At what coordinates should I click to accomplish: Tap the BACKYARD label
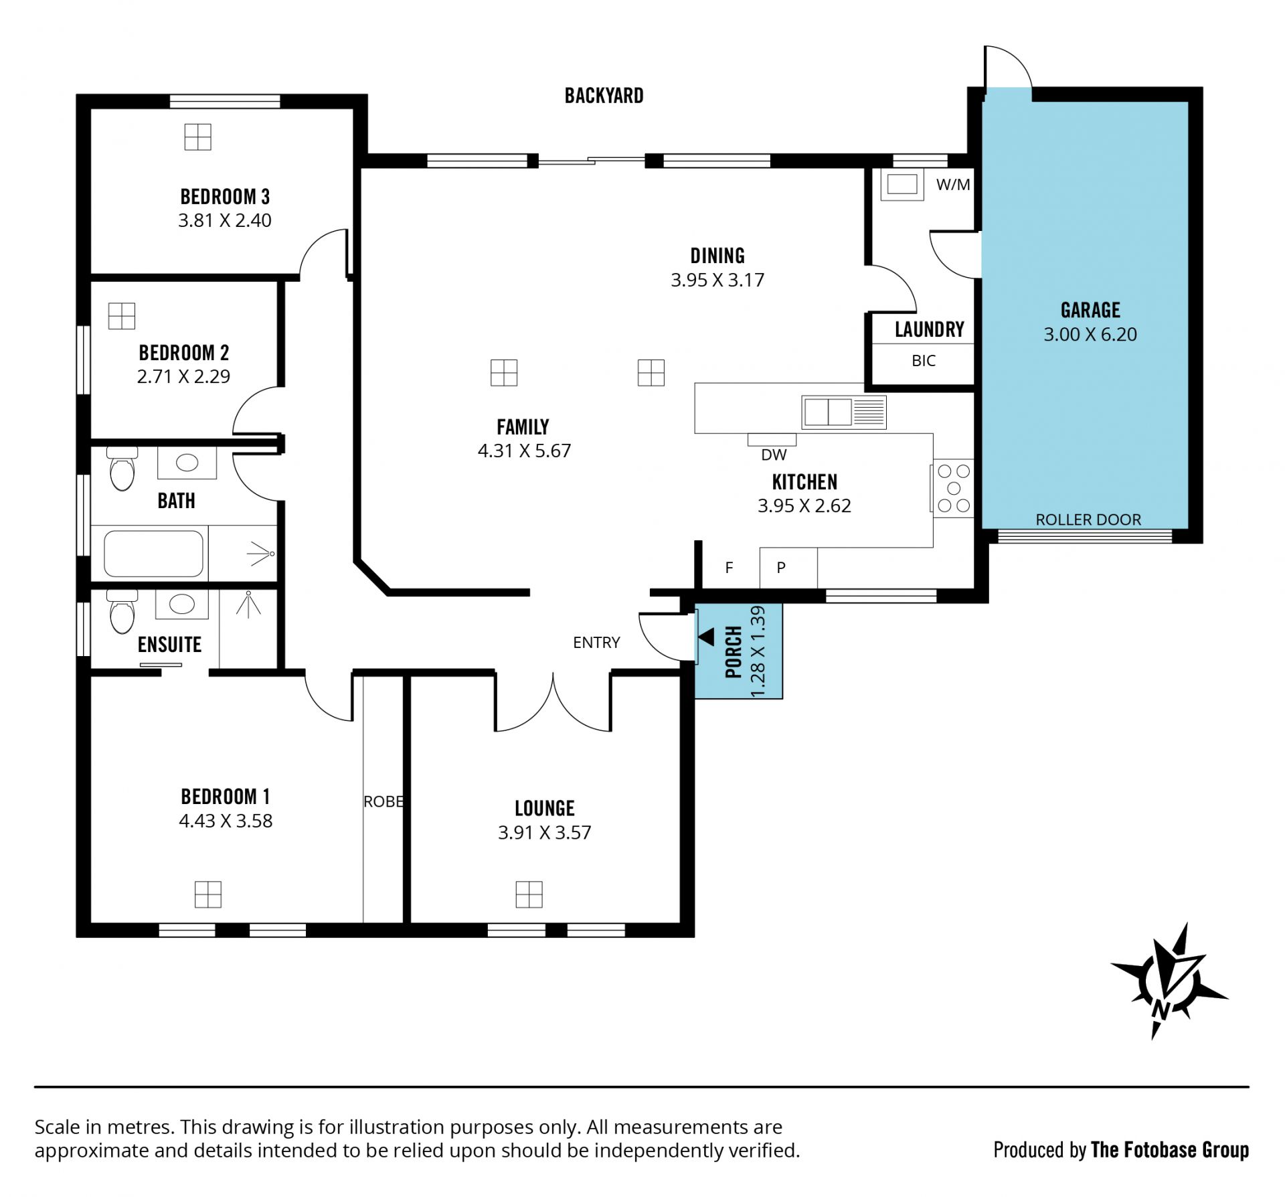604,96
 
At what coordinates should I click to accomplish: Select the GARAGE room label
1090,310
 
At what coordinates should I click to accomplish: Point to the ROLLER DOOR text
1088,520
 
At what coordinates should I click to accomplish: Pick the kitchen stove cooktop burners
954,489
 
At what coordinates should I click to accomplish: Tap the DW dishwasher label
774,455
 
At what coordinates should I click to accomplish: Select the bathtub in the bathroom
153,554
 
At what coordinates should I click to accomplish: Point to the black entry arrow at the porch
707,637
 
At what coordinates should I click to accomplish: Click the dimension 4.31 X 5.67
524,451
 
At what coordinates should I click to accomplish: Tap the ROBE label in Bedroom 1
383,801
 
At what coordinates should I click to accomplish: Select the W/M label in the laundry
953,185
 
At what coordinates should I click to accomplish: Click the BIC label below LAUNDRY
924,361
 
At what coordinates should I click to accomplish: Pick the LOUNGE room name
544,809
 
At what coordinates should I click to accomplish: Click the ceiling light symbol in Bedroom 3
197,137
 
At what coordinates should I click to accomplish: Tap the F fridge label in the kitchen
730,568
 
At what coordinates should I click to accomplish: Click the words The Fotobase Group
1170,1150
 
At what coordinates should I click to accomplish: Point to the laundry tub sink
902,184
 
